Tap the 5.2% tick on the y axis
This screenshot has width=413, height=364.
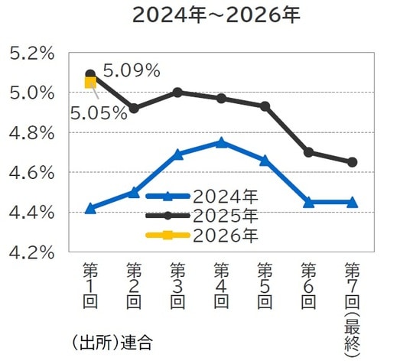click(31, 54)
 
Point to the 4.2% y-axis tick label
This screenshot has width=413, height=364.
click(31, 252)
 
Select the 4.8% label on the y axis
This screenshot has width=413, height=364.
click(31, 133)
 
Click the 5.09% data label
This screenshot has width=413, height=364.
click(131, 72)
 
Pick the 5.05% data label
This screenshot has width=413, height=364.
click(99, 114)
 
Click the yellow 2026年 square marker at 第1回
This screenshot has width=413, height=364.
click(90, 83)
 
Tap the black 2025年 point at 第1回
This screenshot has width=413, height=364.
click(90, 74)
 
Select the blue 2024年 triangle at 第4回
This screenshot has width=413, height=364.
click(221, 142)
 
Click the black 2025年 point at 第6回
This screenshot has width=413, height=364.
click(308, 152)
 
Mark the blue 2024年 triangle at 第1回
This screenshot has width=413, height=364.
click(90, 208)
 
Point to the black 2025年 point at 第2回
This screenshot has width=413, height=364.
click(134, 109)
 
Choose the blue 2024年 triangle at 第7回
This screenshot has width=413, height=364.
click(352, 202)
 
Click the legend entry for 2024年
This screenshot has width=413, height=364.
click(201, 196)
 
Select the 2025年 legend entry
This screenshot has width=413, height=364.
click(201, 215)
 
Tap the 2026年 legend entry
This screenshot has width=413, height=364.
click(201, 235)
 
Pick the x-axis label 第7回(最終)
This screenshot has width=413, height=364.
click(352, 305)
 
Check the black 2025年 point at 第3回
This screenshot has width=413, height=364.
click(177, 92)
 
